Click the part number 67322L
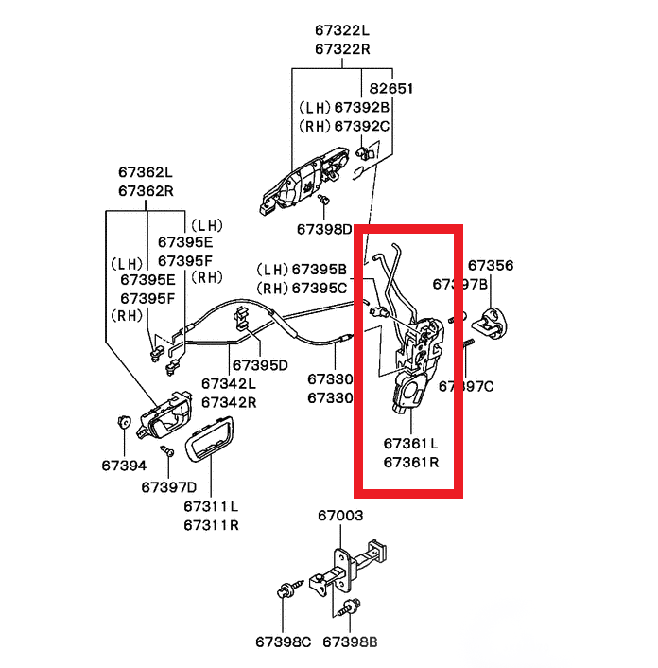[x=341, y=30]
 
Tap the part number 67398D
[x=323, y=229]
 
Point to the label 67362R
[x=146, y=190]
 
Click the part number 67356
[x=491, y=266]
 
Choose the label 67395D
[x=260, y=364]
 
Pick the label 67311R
[x=211, y=524]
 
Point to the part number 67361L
[x=410, y=443]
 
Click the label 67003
[x=339, y=516]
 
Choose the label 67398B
[x=350, y=642]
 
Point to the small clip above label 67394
[x=123, y=421]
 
